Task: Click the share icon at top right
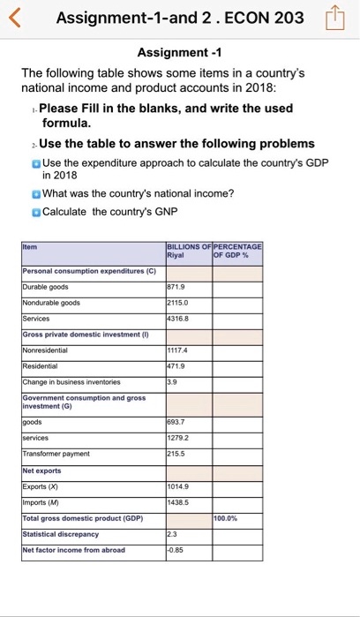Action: coord(338,19)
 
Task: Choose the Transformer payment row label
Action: coord(54,453)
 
